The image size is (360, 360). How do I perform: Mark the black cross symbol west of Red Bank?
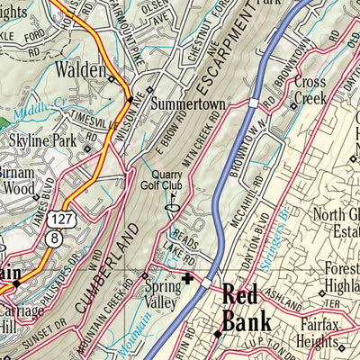(187, 280)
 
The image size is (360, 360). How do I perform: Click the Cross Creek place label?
(310, 90)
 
